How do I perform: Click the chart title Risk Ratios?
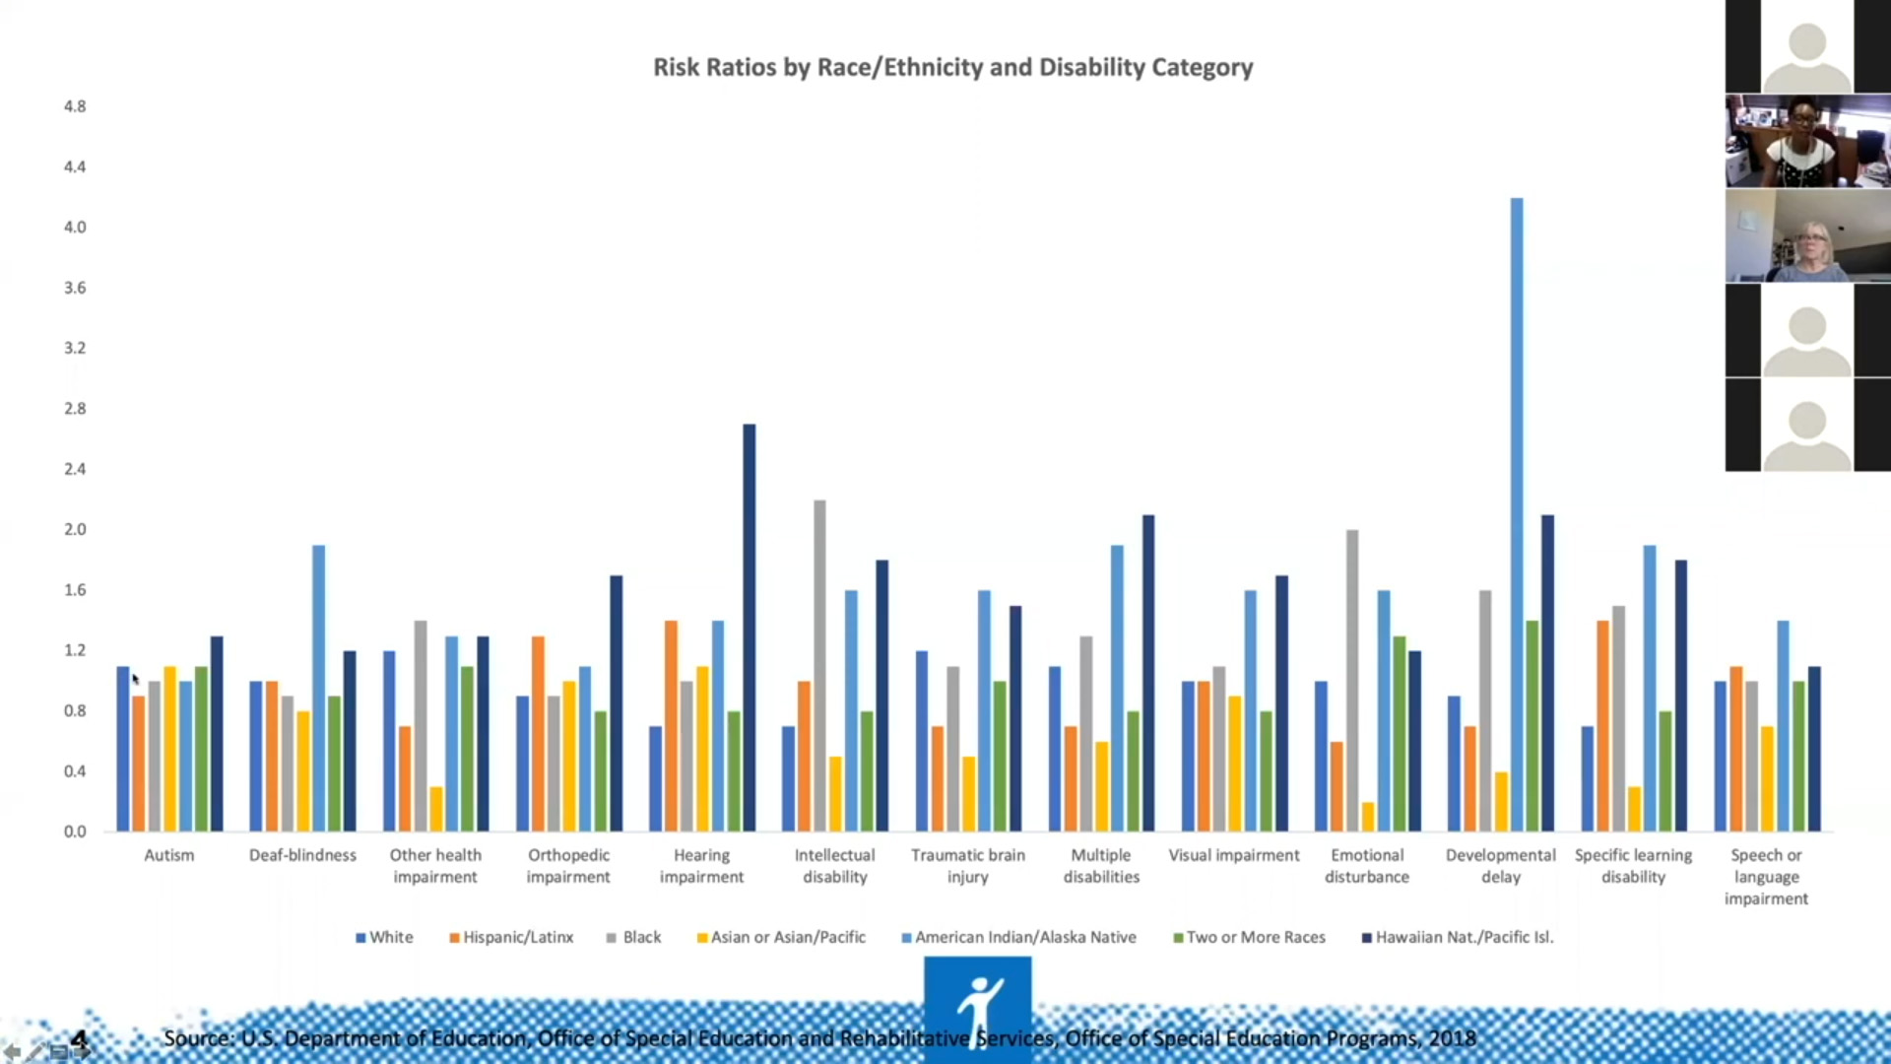click(952, 67)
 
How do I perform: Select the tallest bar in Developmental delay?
click(1517, 512)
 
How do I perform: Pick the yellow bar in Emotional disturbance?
click(1368, 817)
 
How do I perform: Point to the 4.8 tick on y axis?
click(75, 106)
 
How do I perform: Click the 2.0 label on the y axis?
click(75, 529)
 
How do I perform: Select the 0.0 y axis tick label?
click(75, 831)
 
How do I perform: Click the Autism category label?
click(169, 855)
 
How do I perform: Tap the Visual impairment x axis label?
click(1234, 855)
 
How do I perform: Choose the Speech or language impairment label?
click(1766, 876)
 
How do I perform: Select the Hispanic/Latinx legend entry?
click(511, 937)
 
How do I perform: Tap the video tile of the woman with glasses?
click(1807, 141)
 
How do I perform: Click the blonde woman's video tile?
click(1807, 236)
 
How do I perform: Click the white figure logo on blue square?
click(977, 1007)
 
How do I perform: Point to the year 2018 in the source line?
click(1452, 1038)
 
